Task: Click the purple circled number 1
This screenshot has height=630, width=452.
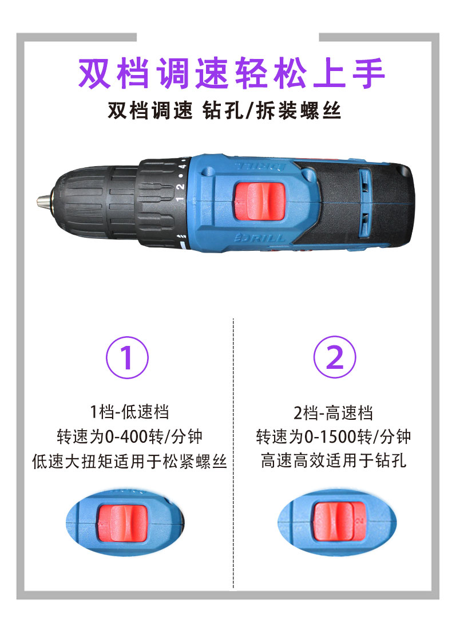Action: (x=127, y=357)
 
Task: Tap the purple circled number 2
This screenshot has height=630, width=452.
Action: (x=334, y=357)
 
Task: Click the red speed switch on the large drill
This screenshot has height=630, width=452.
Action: (x=259, y=201)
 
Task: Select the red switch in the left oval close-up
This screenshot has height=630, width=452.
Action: (x=123, y=523)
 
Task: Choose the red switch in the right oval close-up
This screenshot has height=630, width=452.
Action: (x=339, y=521)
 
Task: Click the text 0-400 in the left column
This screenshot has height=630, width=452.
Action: (x=127, y=437)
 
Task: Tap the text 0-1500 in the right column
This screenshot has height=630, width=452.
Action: (x=331, y=437)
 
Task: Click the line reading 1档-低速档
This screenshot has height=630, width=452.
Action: (x=129, y=412)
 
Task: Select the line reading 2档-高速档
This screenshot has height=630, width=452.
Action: (x=333, y=412)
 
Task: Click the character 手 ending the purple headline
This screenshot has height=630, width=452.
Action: (x=369, y=73)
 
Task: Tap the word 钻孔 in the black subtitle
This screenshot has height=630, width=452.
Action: (x=223, y=111)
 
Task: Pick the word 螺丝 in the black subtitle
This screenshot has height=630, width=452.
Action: (x=320, y=111)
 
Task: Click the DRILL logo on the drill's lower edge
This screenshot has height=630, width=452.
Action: (x=260, y=238)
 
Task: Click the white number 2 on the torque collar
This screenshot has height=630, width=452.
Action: (x=181, y=187)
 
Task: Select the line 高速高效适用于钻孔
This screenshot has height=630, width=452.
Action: (x=334, y=461)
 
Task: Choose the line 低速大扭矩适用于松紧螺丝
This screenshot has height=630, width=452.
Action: (x=129, y=461)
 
